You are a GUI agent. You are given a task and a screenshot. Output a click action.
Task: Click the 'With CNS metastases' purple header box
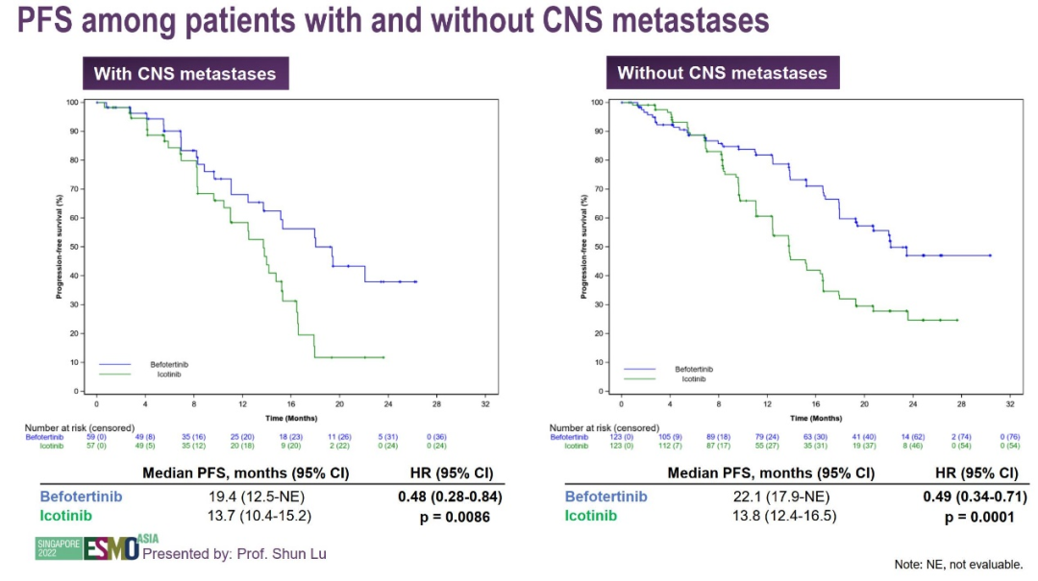click(x=185, y=74)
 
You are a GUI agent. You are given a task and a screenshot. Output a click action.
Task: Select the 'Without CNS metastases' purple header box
click(x=722, y=73)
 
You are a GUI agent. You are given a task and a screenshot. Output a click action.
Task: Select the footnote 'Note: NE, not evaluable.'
click(x=958, y=565)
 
